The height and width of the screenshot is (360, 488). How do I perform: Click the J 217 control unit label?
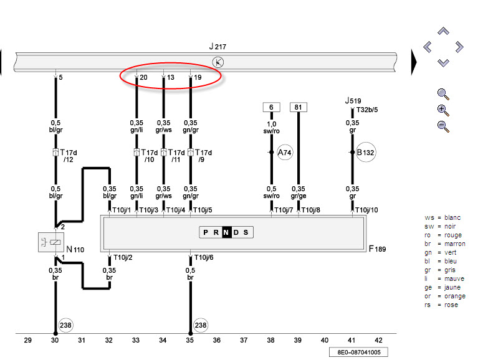[218, 47]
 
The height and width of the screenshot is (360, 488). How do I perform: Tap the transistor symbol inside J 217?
[218, 62]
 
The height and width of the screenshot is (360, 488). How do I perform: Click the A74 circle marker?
[285, 152]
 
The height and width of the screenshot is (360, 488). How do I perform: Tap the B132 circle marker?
[366, 152]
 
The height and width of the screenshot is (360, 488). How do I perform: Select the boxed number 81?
[298, 107]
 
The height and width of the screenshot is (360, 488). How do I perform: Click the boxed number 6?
[271, 107]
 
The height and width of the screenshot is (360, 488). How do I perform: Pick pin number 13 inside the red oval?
[170, 78]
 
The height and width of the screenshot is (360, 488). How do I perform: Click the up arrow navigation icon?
[443, 31]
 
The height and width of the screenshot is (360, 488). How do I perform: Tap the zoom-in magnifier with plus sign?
[443, 110]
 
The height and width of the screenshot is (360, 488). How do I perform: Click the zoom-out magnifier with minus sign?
[443, 126]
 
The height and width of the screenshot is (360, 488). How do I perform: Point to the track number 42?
[378, 340]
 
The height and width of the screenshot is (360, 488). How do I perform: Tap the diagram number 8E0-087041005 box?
[359, 352]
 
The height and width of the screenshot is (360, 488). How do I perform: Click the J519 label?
[353, 100]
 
